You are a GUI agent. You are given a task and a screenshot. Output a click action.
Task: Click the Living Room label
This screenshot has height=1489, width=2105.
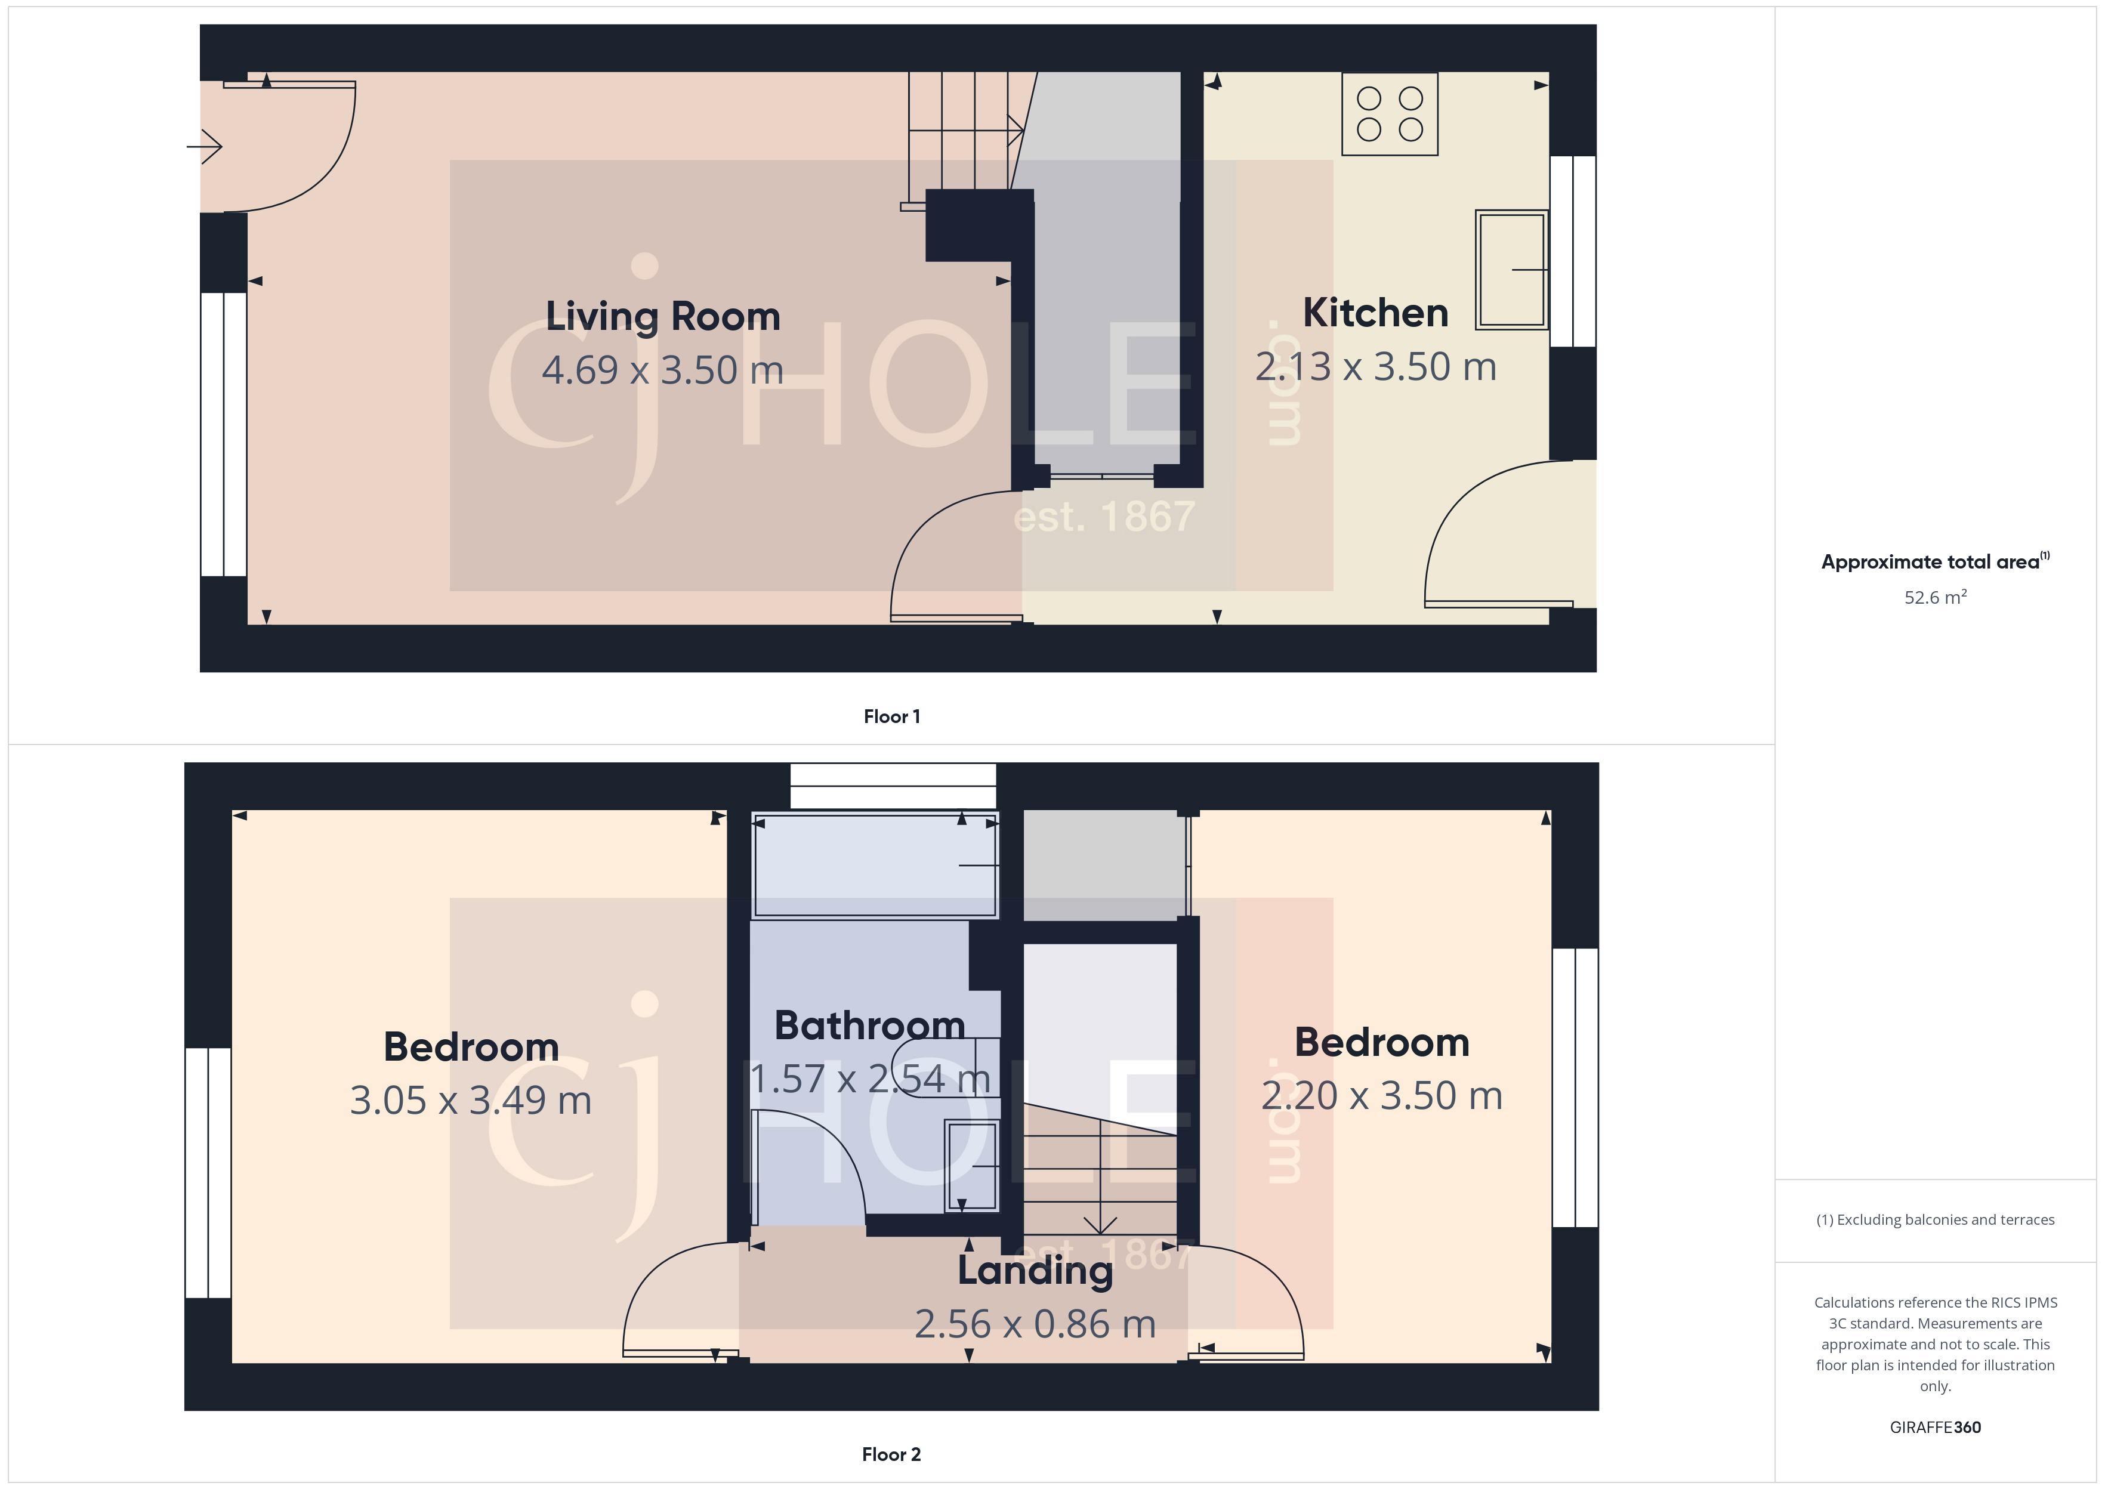[663, 316]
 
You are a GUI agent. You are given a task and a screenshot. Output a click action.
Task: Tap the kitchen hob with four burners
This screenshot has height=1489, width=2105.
[1389, 115]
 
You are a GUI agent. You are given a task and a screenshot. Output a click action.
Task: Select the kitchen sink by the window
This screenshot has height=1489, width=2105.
[1511, 270]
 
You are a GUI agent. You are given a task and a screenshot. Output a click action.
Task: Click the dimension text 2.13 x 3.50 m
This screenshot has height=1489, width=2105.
[1375, 367]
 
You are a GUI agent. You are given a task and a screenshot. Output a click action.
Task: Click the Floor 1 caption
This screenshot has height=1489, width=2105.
[891, 716]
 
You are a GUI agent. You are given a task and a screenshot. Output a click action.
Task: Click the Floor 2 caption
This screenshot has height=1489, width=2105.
[891, 1454]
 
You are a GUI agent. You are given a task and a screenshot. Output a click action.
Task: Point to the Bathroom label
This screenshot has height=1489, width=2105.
[869, 1025]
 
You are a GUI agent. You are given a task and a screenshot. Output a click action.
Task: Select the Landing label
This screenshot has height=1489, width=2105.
[1035, 1270]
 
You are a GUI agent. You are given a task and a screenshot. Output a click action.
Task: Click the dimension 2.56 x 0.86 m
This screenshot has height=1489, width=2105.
[1035, 1324]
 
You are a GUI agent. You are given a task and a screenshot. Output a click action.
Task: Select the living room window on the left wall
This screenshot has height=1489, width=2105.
[223, 435]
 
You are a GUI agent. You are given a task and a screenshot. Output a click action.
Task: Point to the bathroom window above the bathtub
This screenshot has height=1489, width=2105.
[893, 786]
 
